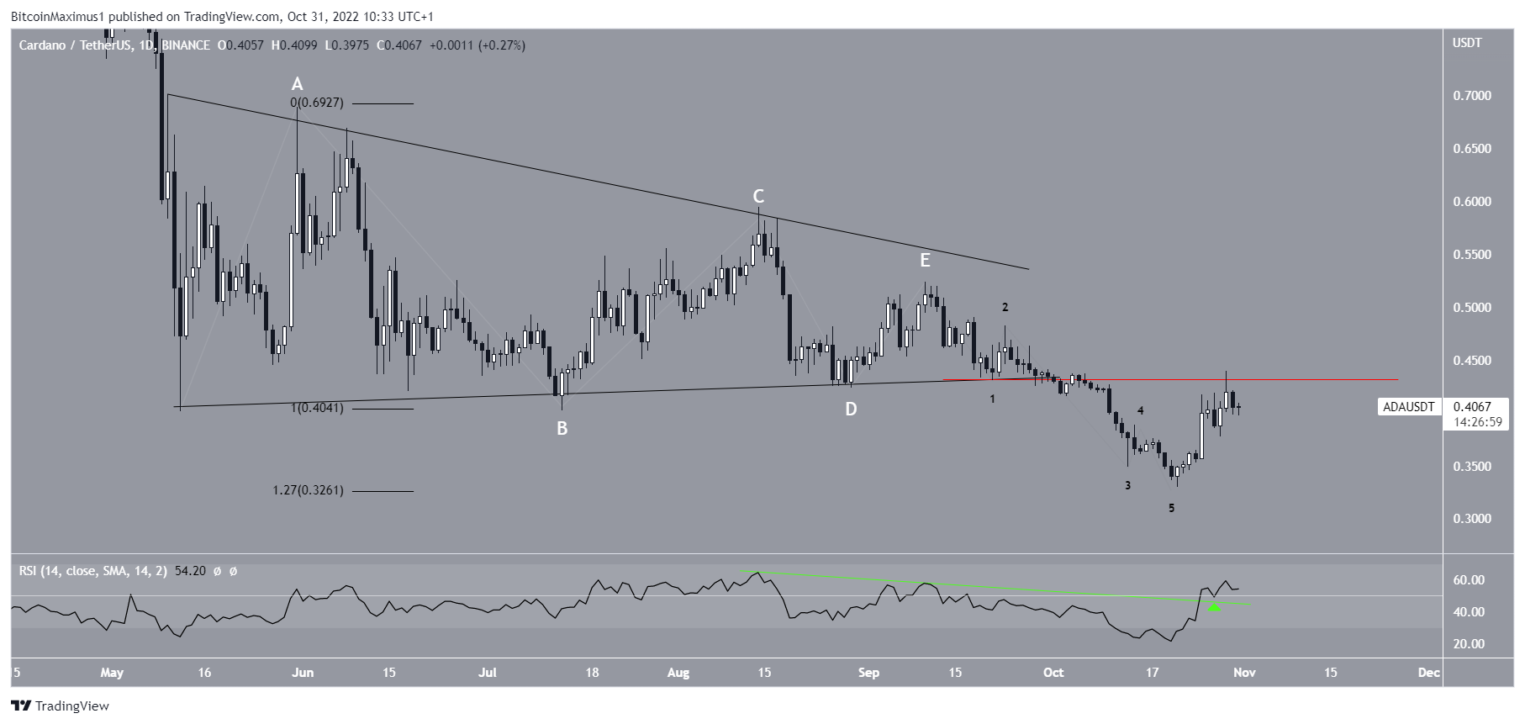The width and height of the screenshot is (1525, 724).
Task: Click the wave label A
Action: pos(297,84)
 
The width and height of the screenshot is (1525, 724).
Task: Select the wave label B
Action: pos(562,429)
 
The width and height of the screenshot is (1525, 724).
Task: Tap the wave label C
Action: pos(758,197)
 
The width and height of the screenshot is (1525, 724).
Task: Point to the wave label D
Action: pos(851,410)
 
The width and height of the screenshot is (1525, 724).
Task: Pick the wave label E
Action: pos(925,261)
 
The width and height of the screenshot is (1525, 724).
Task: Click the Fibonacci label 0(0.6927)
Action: pos(317,103)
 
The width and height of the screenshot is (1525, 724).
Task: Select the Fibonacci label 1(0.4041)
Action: pos(317,409)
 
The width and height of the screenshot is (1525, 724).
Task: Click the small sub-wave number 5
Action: pos(1171,509)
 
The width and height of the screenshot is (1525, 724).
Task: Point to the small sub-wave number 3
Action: pos(1127,485)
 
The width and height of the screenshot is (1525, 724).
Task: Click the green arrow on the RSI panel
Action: pos(1214,606)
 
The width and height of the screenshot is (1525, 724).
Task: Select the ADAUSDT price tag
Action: pos(1409,408)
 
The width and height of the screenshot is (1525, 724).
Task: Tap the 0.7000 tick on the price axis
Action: pos(1472,96)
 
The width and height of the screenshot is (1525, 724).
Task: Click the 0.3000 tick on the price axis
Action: pos(1472,519)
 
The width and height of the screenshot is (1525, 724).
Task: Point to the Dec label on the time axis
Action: pos(1427,673)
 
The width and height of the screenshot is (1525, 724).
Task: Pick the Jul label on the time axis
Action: pos(488,673)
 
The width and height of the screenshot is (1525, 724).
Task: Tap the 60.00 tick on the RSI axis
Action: pos(1469,580)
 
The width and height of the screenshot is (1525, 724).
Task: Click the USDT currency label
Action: pos(1467,43)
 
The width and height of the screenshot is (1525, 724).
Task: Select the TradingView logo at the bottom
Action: pos(60,706)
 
